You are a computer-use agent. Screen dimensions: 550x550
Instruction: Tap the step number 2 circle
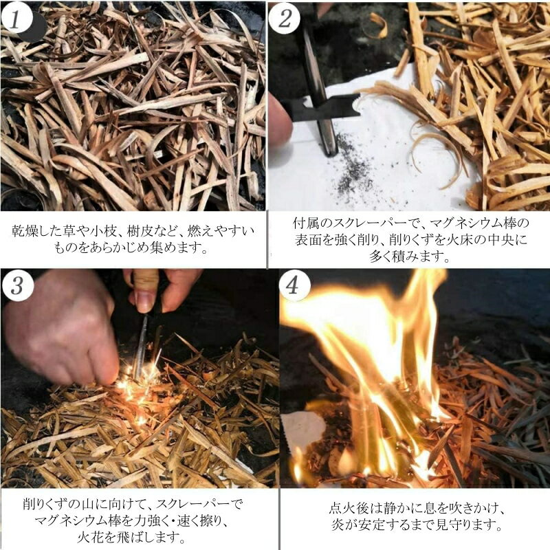(x=285, y=19)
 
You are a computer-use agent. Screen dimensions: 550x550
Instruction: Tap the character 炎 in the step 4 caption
(x=338, y=525)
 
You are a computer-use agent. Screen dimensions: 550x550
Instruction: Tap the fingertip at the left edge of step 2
(x=279, y=119)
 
